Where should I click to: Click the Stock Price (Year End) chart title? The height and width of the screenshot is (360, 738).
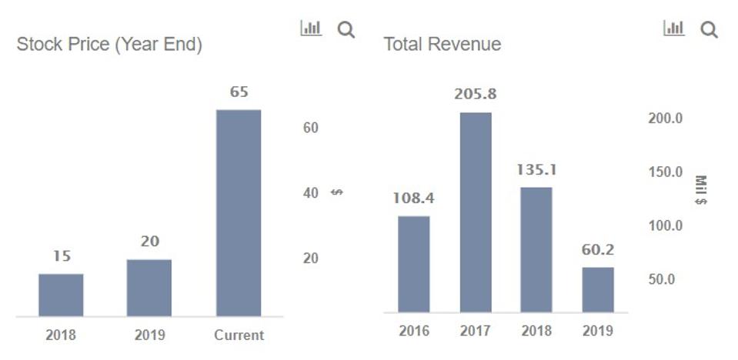click(109, 45)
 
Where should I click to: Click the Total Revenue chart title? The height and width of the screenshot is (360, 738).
click(442, 45)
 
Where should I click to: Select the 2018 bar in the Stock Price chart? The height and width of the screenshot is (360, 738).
click(61, 295)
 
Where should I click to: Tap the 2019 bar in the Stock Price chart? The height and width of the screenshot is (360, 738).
click(149, 288)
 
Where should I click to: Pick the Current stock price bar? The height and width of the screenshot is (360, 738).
click(239, 213)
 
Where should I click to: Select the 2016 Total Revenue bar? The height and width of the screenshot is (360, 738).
click(413, 264)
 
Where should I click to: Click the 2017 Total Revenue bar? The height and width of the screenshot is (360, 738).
click(476, 212)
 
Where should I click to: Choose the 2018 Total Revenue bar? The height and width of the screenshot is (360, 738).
click(536, 249)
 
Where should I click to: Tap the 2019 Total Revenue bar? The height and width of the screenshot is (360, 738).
click(598, 289)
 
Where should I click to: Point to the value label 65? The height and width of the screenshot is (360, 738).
click(239, 92)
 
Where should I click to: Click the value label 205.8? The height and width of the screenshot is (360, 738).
click(475, 95)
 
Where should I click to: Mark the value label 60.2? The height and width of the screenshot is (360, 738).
click(598, 250)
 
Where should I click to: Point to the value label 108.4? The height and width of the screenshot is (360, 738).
click(413, 198)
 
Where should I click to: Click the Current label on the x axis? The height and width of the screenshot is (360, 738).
click(239, 335)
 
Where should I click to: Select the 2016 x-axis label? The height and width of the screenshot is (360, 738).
click(414, 331)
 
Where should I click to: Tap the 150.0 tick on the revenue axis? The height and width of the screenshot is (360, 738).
click(665, 172)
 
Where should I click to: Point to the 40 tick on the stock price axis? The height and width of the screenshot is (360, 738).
click(310, 193)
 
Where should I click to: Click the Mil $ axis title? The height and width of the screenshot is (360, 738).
click(700, 190)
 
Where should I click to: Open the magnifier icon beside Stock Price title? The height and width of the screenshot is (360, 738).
click(346, 30)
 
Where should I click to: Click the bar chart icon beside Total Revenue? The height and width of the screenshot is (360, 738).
click(673, 28)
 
